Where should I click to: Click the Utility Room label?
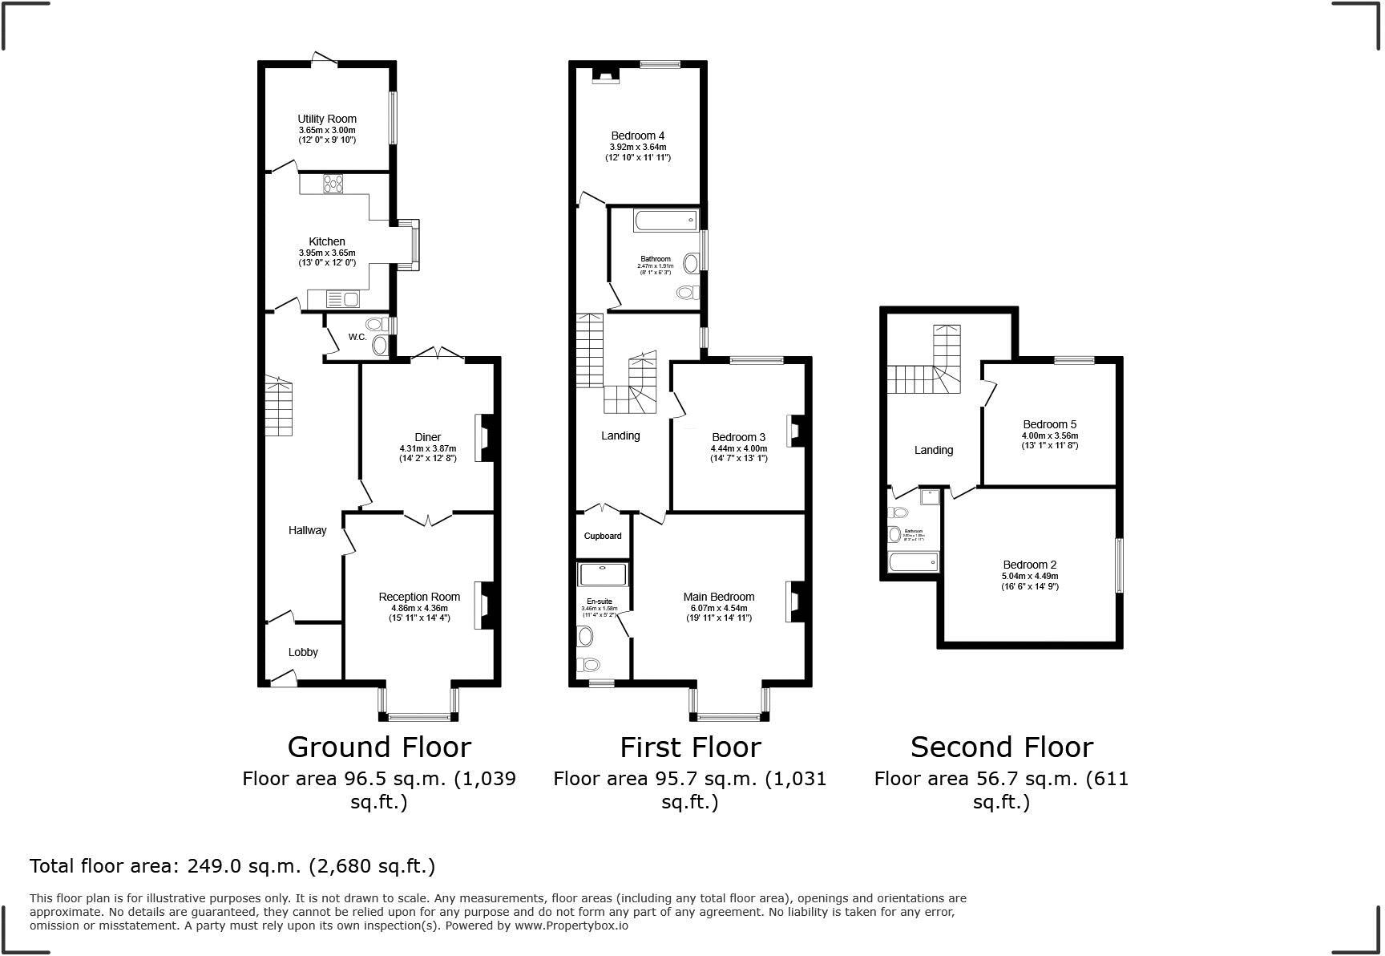(x=327, y=119)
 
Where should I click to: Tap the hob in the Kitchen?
(x=332, y=184)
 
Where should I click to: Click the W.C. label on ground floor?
(x=357, y=337)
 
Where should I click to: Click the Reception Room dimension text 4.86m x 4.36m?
(x=418, y=608)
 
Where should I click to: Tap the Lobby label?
(x=303, y=652)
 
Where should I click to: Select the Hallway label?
(x=308, y=530)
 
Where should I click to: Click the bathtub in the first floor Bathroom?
(x=665, y=221)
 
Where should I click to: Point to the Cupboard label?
(x=603, y=536)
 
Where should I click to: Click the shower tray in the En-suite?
(x=604, y=574)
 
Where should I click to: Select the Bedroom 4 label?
(x=637, y=136)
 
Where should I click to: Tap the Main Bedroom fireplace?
(x=795, y=601)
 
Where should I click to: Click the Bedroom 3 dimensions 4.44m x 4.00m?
(x=738, y=448)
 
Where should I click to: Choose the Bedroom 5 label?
(x=1049, y=424)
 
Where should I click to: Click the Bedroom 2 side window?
(x=1120, y=565)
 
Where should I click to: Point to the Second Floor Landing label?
(x=934, y=450)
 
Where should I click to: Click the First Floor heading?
(x=690, y=747)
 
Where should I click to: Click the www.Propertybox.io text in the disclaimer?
(x=571, y=925)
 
